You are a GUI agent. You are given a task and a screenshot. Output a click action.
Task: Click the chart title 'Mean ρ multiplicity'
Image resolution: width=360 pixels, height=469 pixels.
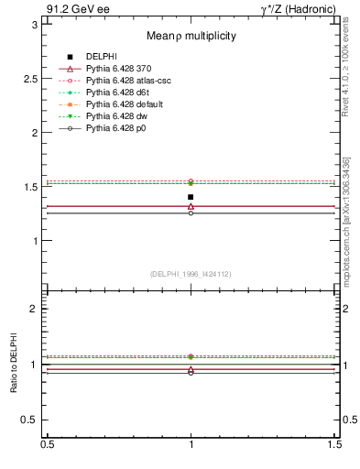pos(191,36)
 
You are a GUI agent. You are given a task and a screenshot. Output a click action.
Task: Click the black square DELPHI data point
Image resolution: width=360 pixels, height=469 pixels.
pos(191,197)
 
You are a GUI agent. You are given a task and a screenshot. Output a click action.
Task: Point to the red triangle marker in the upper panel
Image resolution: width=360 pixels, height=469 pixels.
pos(191,206)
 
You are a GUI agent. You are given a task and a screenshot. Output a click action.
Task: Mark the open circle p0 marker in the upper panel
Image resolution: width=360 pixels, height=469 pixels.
pos(191,213)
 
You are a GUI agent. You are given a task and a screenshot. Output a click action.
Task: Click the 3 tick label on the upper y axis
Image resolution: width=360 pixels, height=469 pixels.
pos(34,25)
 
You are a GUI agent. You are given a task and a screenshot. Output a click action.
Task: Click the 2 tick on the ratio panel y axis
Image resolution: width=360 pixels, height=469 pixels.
pos(34,309)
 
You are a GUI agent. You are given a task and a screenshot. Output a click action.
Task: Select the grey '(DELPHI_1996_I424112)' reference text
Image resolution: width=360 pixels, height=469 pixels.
pos(191,273)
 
